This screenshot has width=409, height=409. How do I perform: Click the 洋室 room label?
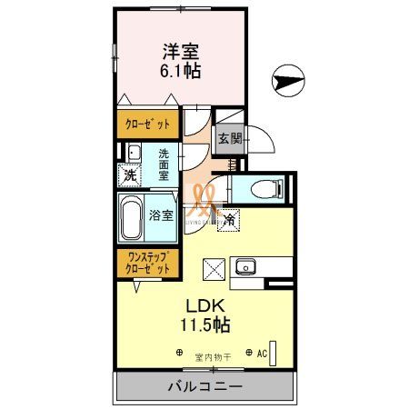click(182, 51)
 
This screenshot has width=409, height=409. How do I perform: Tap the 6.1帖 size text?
click(182, 70)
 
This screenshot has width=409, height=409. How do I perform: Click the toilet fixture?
click(269, 189)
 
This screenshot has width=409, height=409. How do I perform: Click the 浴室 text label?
click(161, 216)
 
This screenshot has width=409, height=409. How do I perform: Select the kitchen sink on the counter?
click(244, 267)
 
